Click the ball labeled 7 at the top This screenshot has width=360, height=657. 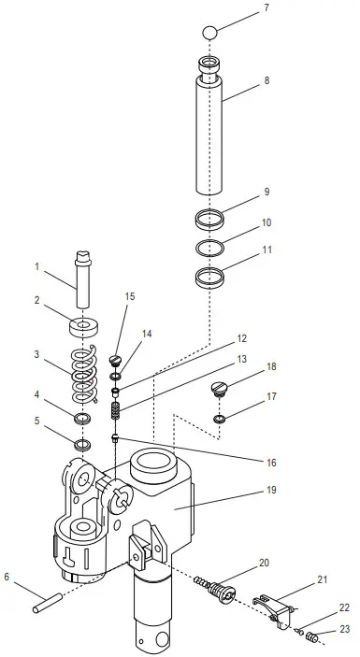pyautogui.click(x=209, y=33)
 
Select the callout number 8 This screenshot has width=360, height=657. pyautogui.click(x=266, y=80)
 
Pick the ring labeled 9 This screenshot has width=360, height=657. pyautogui.click(x=209, y=219)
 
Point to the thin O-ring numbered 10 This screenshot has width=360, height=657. pyautogui.click(x=209, y=248)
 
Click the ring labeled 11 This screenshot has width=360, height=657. pyautogui.click(x=209, y=278)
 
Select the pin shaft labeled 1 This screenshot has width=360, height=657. pyautogui.click(x=83, y=279)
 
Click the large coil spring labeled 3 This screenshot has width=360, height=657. pyautogui.click(x=84, y=375)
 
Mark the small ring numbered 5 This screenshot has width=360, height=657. pyautogui.click(x=83, y=444)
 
